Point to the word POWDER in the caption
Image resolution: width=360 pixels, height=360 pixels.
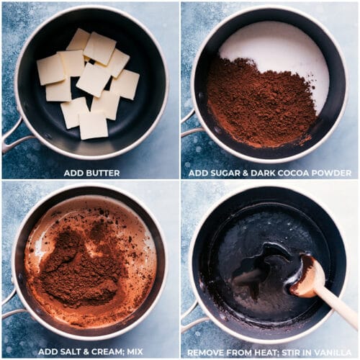tap(334, 173)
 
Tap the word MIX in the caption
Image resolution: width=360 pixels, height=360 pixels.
tap(135, 352)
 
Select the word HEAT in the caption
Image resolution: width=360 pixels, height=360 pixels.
tap(266, 353)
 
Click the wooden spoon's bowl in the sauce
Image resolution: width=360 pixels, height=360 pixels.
tap(307, 276)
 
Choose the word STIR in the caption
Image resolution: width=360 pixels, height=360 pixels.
tap(292, 353)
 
